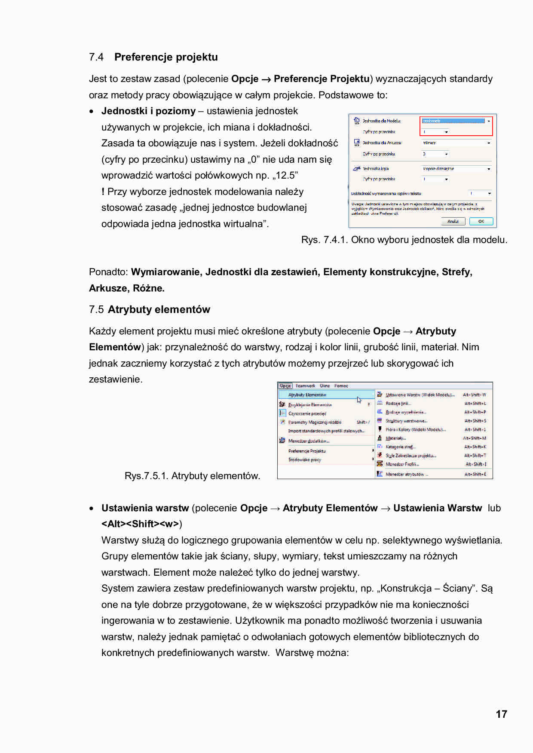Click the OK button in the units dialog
tap(481, 222)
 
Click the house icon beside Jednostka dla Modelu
tap(356, 121)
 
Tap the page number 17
tap(501, 714)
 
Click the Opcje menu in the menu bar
tap(285, 386)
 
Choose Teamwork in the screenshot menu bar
tap(305, 386)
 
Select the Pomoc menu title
tap(341, 386)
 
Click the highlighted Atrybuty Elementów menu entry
tap(307, 395)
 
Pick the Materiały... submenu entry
tap(395, 438)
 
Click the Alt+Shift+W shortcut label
tap(475, 395)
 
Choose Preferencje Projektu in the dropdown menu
tap(307, 451)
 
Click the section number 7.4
tap(96, 57)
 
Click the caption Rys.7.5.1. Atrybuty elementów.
tap(192, 476)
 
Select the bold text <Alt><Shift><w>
tap(140, 524)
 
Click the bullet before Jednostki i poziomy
tap(92, 112)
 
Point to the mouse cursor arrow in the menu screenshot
tap(359, 400)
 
